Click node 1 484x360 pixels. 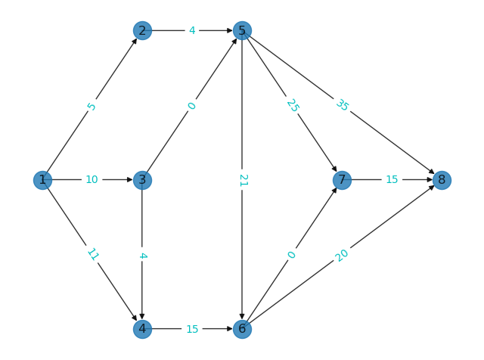click(x=42, y=180)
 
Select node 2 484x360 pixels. click(x=142, y=30)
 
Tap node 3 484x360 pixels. click(x=142, y=180)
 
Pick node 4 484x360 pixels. click(x=142, y=329)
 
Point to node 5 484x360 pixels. click(x=242, y=30)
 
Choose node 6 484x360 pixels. click(x=242, y=329)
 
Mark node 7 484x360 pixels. click(x=342, y=180)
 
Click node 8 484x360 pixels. click(x=442, y=180)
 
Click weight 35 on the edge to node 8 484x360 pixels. click(x=342, y=105)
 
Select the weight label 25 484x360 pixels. click(x=292, y=105)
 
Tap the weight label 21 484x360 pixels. click(x=242, y=180)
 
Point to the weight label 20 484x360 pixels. click(x=342, y=255)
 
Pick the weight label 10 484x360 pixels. click(x=92, y=180)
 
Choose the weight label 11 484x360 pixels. click(x=92, y=254)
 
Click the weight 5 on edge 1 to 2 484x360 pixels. click(x=92, y=106)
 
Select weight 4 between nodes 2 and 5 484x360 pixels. click(x=192, y=30)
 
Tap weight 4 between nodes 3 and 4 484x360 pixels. click(x=142, y=256)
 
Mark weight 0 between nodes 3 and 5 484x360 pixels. click(x=191, y=106)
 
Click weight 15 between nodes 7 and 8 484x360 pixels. click(x=392, y=180)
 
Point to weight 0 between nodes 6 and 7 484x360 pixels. click(x=291, y=255)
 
